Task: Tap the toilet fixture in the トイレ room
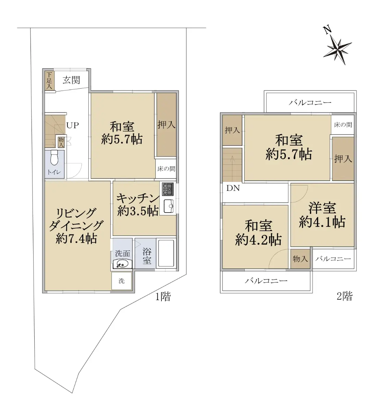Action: pyautogui.click(x=54, y=157)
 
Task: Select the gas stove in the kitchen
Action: pyautogui.click(x=168, y=189)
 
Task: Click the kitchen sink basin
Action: pyautogui.click(x=169, y=206)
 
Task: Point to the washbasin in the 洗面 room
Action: pyautogui.click(x=122, y=264)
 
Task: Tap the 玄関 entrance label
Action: pyautogui.click(x=71, y=80)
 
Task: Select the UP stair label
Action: pyautogui.click(x=73, y=125)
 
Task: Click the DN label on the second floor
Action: pyautogui.click(x=233, y=188)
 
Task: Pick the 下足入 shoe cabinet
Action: pyautogui.click(x=49, y=80)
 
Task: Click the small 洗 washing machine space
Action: pyautogui.click(x=122, y=281)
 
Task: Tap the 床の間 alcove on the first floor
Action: pyautogui.click(x=166, y=169)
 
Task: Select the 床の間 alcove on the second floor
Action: pyautogui.click(x=343, y=125)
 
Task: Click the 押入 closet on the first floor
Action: pyautogui.click(x=167, y=125)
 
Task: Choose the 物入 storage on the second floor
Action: pyautogui.click(x=300, y=259)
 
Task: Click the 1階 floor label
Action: pyautogui.click(x=163, y=297)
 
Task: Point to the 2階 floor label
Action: pyautogui.click(x=344, y=296)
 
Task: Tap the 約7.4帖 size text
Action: pyautogui.click(x=76, y=239)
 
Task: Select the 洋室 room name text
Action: pyautogui.click(x=322, y=208)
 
